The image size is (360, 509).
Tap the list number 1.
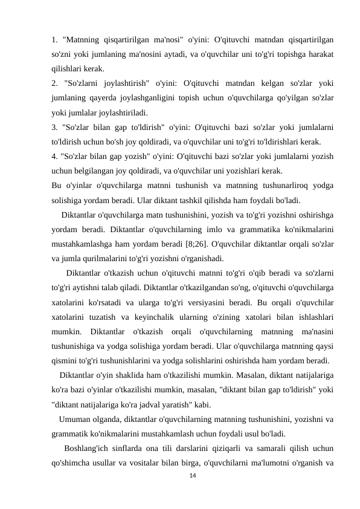tap(54, 39)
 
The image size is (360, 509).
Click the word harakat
tap(322, 54)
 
